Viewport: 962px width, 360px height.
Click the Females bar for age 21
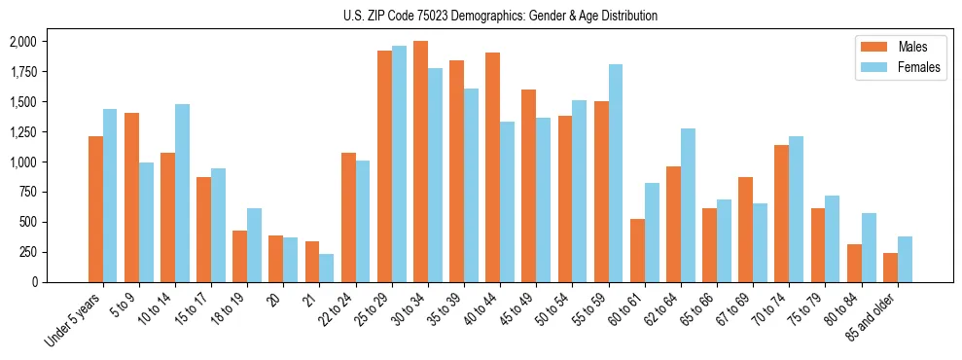click(x=327, y=268)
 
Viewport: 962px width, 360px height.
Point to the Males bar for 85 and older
click(x=890, y=268)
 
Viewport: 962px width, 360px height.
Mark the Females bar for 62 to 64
click(x=688, y=204)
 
